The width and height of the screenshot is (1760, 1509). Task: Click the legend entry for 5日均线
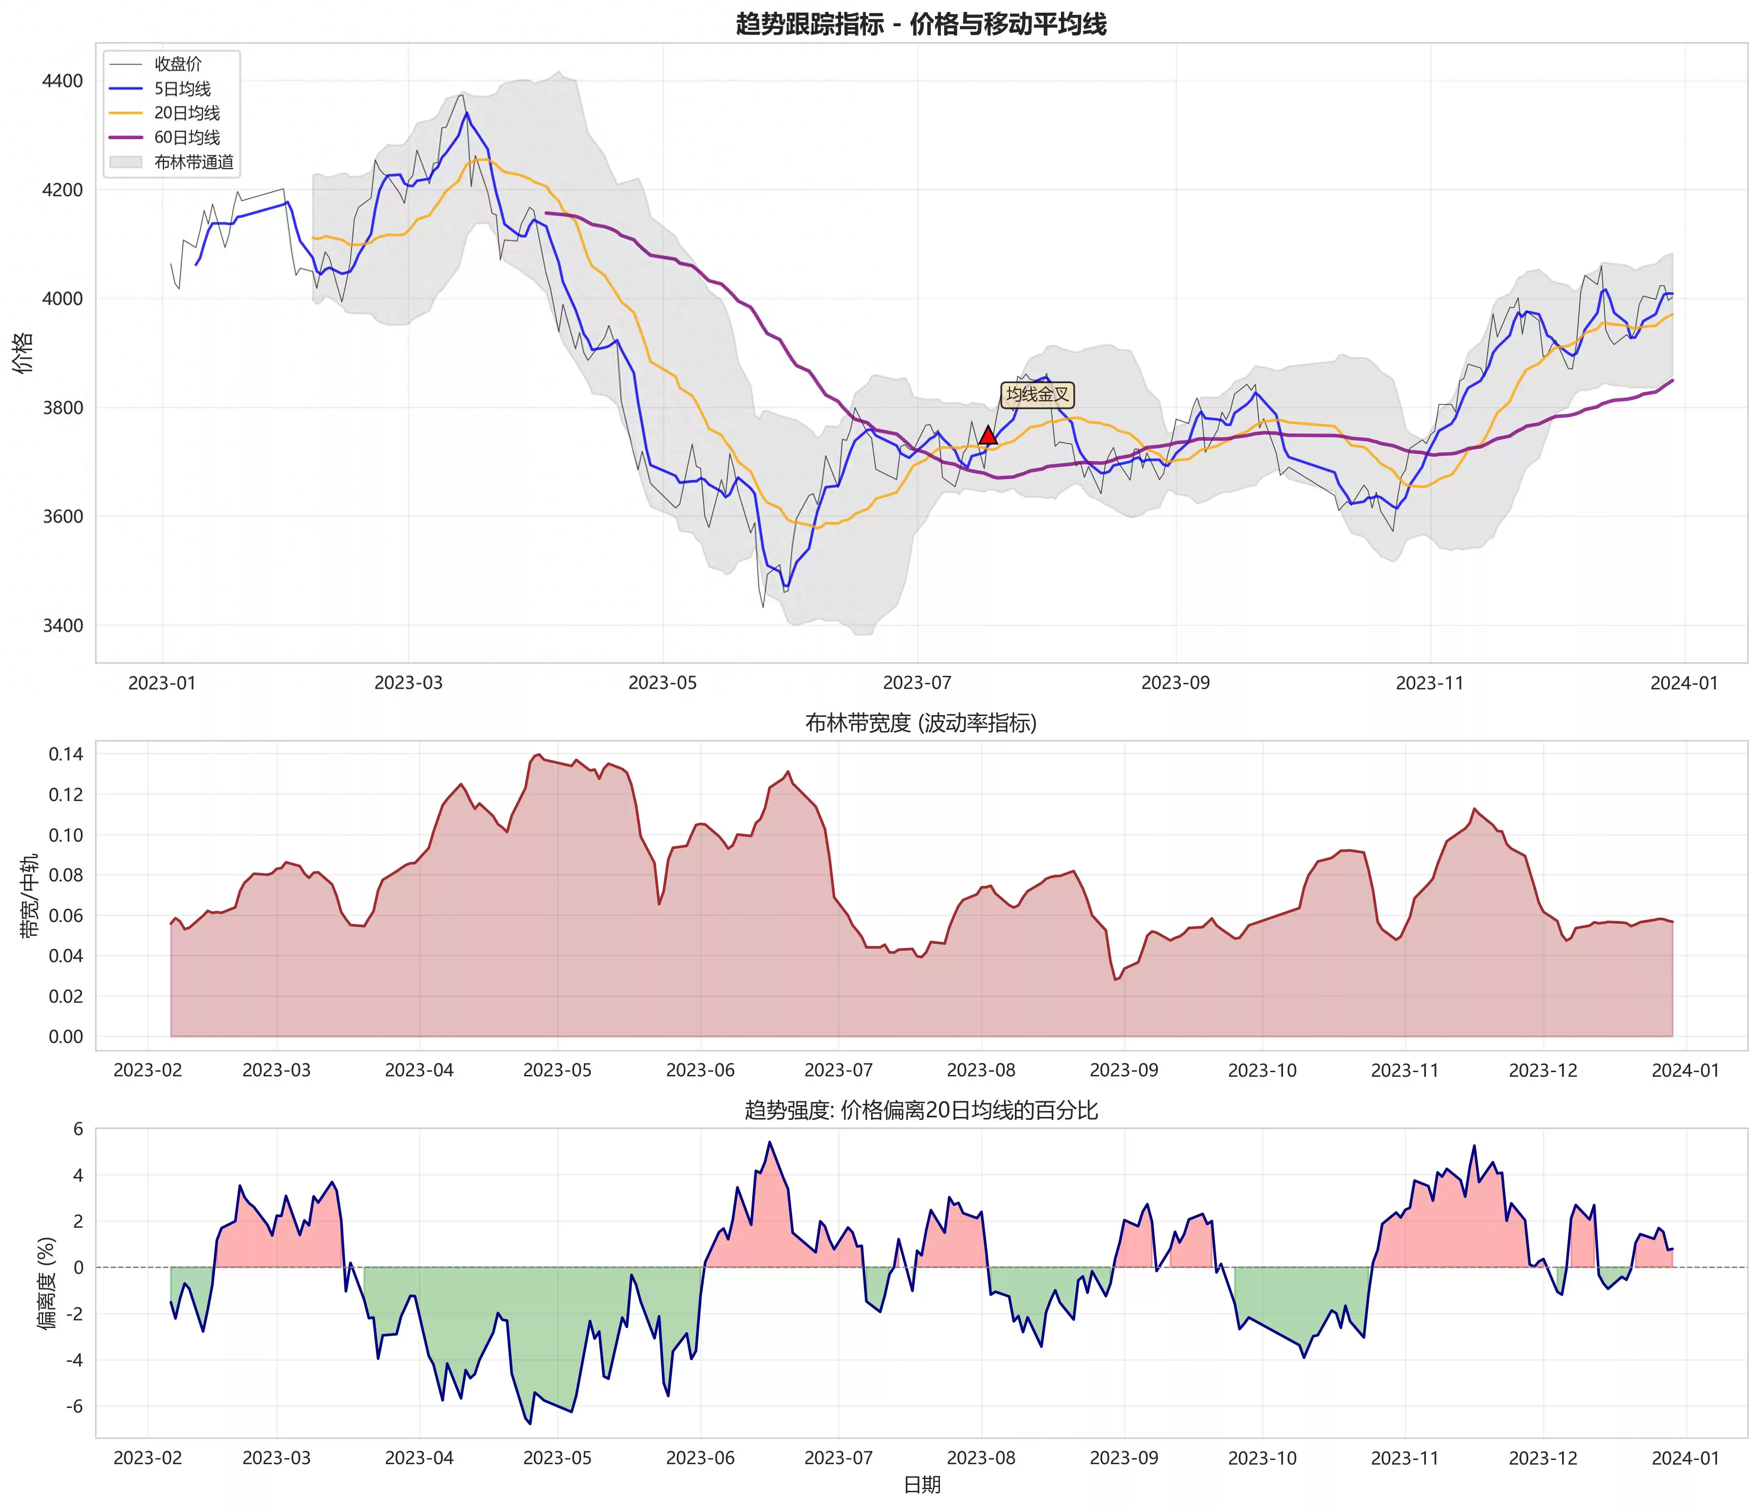coord(182,88)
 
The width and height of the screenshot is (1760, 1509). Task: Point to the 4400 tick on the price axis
coord(63,82)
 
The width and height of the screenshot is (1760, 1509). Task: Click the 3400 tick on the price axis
coord(63,626)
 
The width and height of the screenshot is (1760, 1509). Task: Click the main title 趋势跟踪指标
coord(921,24)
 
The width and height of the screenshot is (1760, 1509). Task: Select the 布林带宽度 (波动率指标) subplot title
coord(921,723)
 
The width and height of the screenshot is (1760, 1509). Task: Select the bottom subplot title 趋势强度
coord(921,1110)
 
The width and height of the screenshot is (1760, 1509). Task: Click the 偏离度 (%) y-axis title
coord(47,1283)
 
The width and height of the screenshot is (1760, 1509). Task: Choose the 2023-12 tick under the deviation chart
coord(1543,1458)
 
